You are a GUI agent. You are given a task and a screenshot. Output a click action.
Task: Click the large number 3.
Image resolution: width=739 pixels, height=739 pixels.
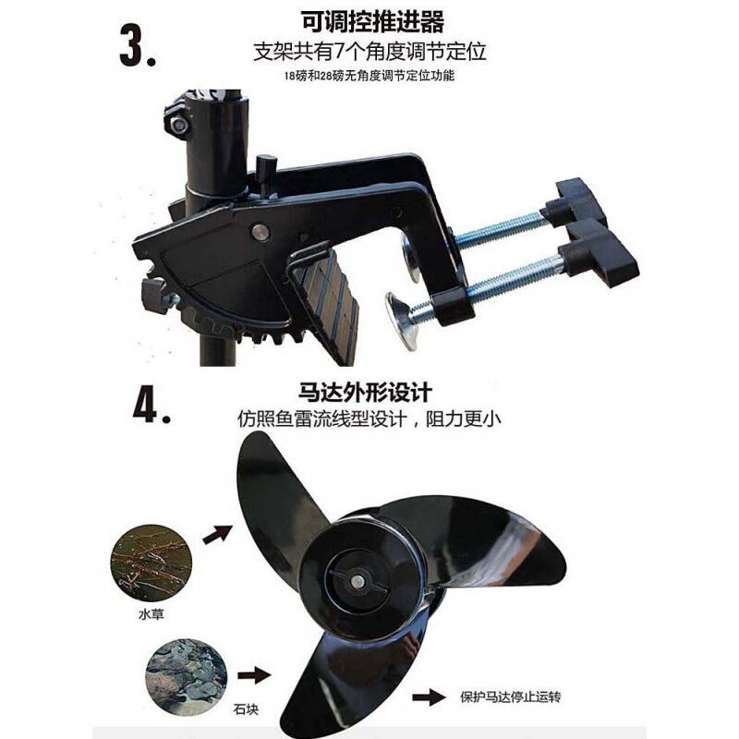[x=140, y=49]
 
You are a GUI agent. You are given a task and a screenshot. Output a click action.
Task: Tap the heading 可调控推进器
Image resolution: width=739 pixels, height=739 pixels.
[x=369, y=19]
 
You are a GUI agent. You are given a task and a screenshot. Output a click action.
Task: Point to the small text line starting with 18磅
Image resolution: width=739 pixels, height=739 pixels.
[x=369, y=77]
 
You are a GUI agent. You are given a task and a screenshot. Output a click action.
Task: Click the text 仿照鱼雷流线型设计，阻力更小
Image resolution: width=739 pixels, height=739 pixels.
[x=368, y=417]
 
